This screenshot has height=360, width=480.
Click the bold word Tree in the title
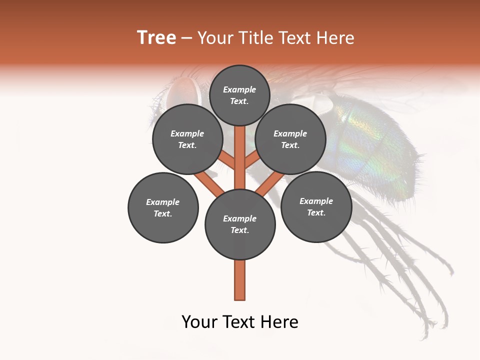tap(156, 38)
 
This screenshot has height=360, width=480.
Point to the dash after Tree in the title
tap(187, 38)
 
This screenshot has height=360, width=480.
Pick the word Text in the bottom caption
tap(241, 322)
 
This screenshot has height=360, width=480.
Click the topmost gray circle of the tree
tap(239, 95)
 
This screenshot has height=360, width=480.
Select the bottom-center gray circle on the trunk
tap(240, 224)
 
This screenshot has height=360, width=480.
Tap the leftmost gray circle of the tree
tap(163, 207)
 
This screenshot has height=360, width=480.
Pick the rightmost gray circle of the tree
tap(316, 206)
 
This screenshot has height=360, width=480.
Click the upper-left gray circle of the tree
tap(187, 139)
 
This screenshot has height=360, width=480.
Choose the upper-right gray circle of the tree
tap(290, 139)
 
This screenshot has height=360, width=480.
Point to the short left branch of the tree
tap(227, 160)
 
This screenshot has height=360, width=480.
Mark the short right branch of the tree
tap(252, 160)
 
